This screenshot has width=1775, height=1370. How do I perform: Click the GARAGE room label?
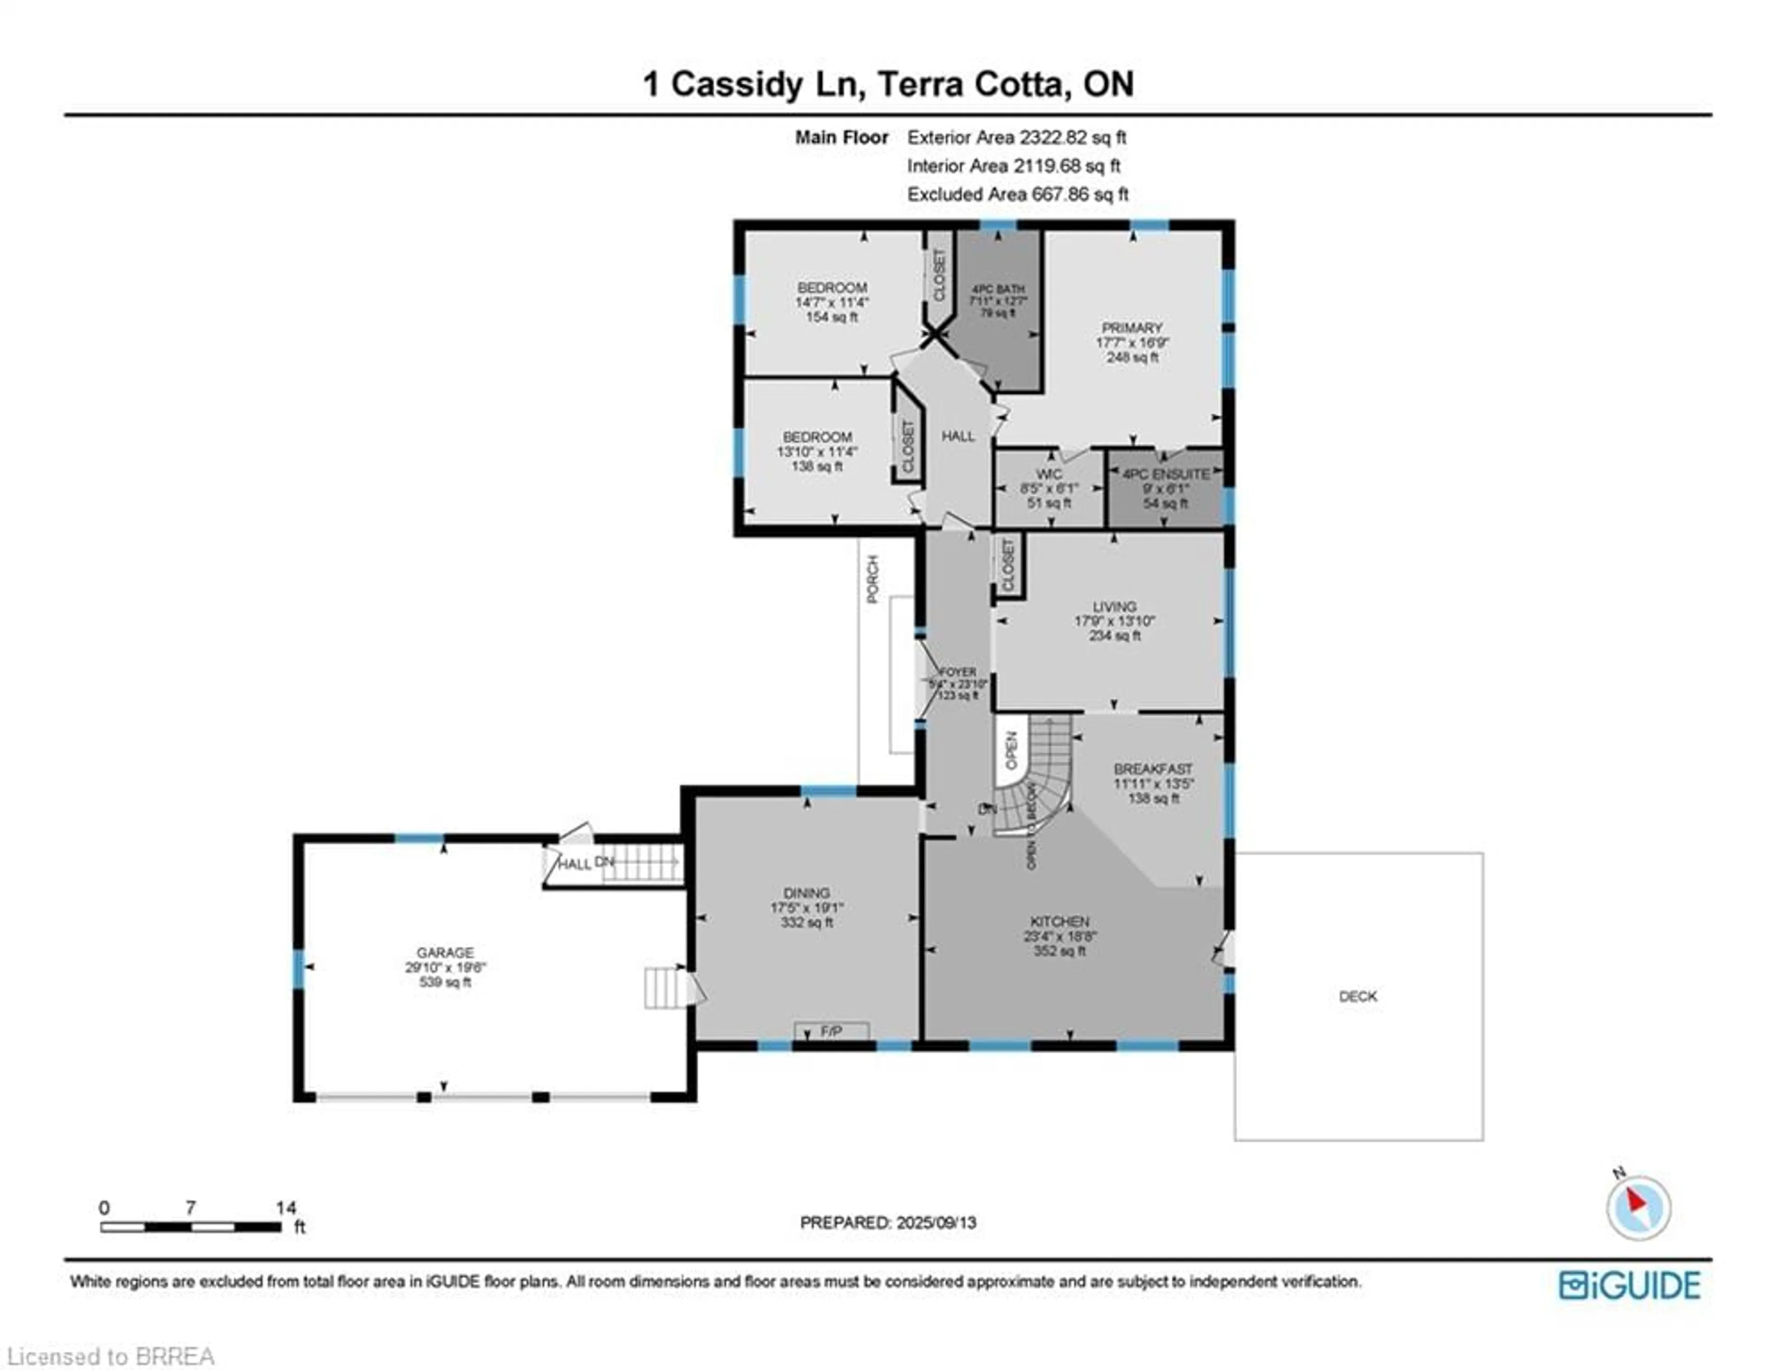445,952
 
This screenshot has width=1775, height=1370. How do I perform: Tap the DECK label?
1357,996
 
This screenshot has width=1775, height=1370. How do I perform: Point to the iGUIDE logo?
1629,1285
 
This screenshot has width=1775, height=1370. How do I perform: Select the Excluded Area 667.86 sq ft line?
1017,194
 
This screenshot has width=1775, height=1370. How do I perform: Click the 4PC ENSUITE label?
1165,474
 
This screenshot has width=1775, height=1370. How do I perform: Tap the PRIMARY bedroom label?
1131,327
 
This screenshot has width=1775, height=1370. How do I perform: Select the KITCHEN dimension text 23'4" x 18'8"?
1060,936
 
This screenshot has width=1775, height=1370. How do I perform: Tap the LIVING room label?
1114,606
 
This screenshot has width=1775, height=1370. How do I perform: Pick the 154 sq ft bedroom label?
832,317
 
